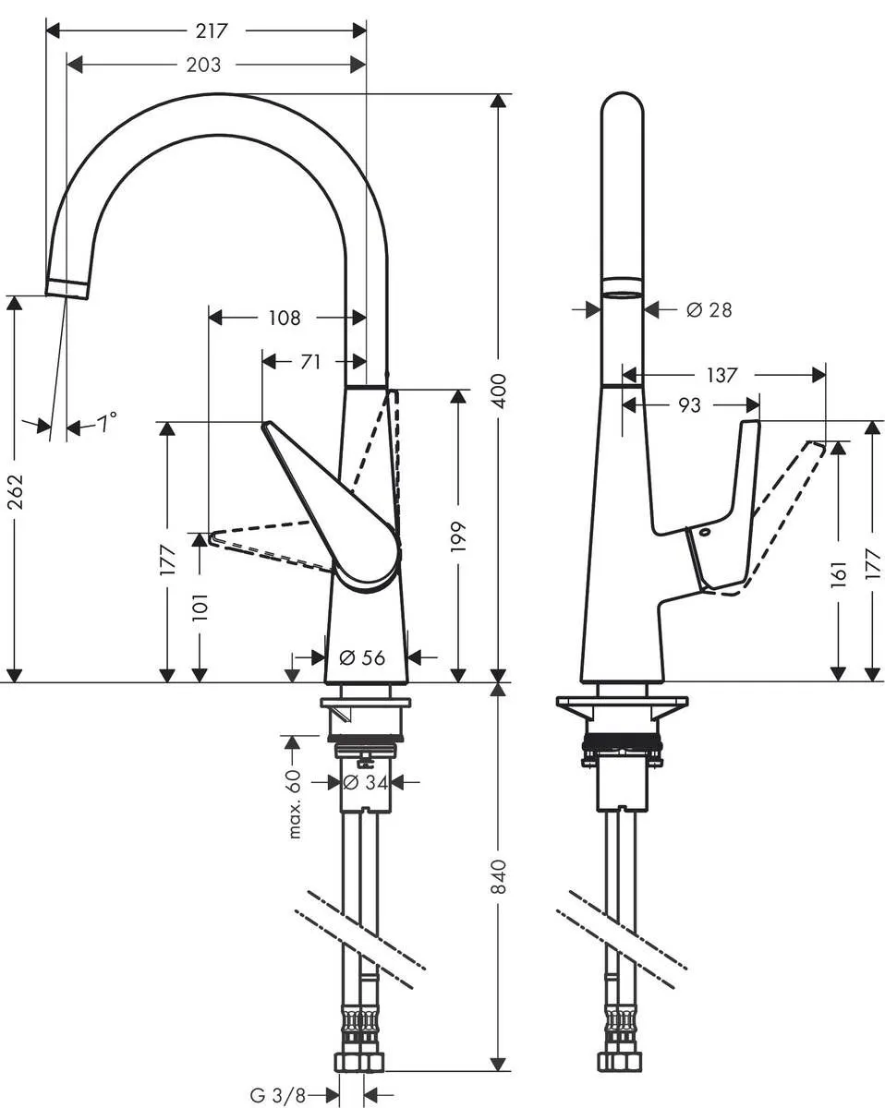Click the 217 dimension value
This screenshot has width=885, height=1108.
pyautogui.click(x=212, y=30)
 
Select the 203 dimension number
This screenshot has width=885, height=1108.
pyautogui.click(x=203, y=65)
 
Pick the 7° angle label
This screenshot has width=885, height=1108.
pyautogui.click(x=108, y=424)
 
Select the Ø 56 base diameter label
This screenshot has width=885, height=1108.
pyautogui.click(x=362, y=657)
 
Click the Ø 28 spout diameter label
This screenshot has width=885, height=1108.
pyautogui.click(x=709, y=310)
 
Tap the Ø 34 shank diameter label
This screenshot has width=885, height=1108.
pyautogui.click(x=364, y=783)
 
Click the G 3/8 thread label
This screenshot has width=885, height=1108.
pyautogui.click(x=277, y=1095)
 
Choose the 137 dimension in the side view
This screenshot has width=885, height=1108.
pyautogui.click(x=721, y=375)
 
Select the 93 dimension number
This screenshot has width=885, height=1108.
pyautogui.click(x=689, y=404)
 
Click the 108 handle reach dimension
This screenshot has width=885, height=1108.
pyautogui.click(x=285, y=318)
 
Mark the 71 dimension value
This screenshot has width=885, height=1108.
pyautogui.click(x=310, y=362)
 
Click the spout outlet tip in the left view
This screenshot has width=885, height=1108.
pyautogui.click(x=68, y=287)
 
